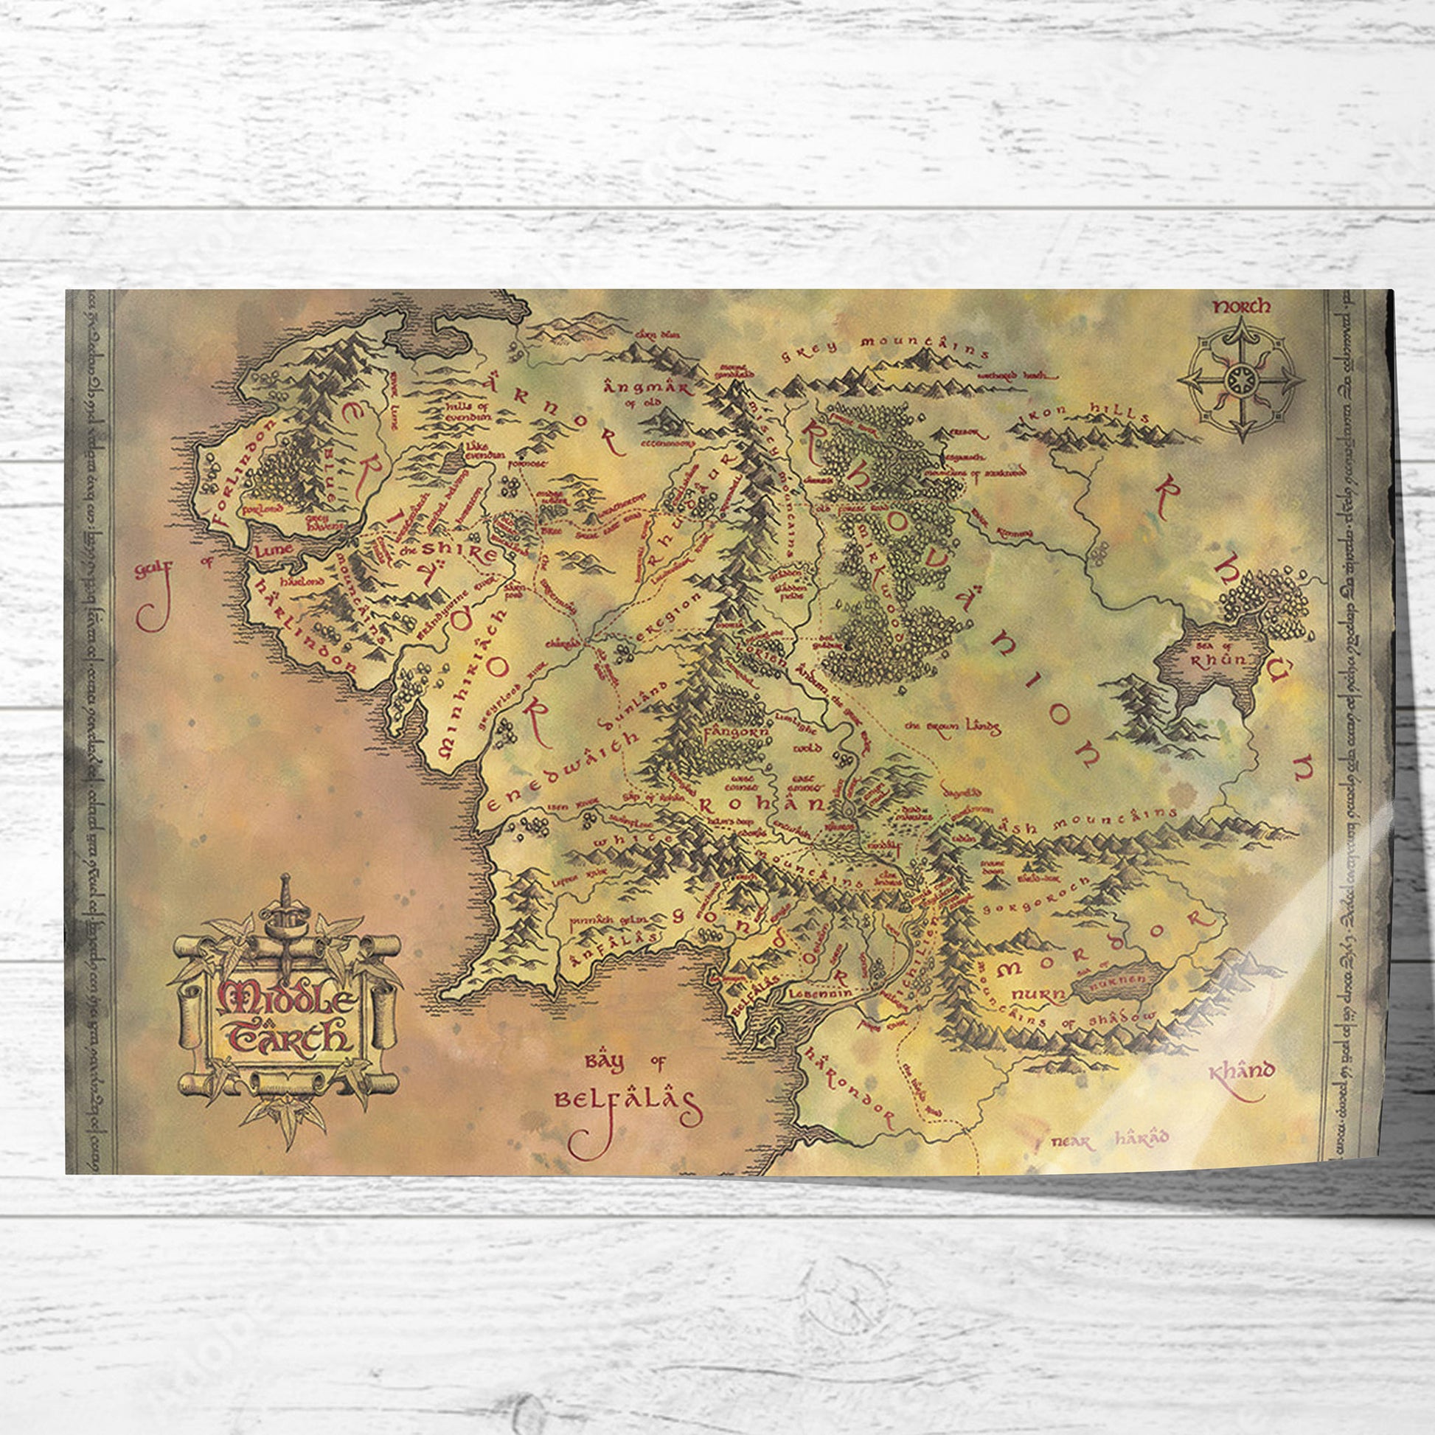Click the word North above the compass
[x=1241, y=306]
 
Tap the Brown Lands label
[x=953, y=726]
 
